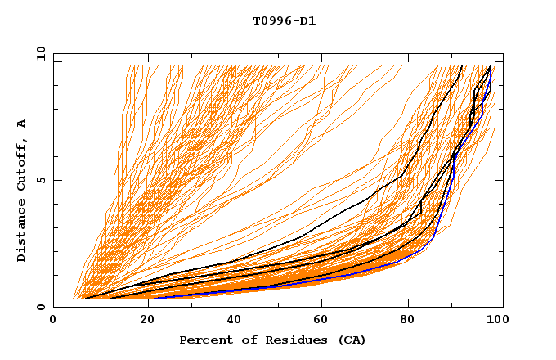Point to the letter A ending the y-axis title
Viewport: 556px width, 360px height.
(21, 124)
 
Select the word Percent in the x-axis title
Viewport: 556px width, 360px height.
(205, 340)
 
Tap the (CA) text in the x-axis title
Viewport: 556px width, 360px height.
(349, 340)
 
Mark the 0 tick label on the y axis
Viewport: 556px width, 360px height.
(41, 307)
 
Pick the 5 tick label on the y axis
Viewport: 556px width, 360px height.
(41, 180)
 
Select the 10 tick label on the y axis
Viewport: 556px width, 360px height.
(38, 53)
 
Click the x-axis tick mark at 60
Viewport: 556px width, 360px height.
(320, 304)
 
